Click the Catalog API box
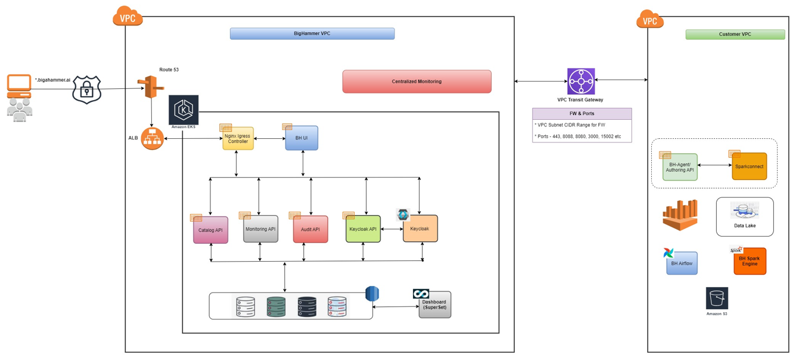(211, 230)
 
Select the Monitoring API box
(261, 229)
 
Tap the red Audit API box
(310, 229)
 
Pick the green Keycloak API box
(363, 229)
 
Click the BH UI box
(301, 138)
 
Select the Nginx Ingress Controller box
(238, 139)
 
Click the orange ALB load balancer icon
(152, 138)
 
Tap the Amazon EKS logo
(184, 110)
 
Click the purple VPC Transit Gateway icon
(581, 81)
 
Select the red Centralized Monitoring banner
(416, 82)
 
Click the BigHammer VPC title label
(312, 34)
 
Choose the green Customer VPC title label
(735, 35)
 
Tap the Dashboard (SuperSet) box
(434, 305)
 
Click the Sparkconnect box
(749, 167)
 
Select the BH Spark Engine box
(750, 262)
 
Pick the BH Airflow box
(682, 263)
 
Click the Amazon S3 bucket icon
(717, 299)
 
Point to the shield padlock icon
(87, 90)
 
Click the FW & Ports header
(582, 113)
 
